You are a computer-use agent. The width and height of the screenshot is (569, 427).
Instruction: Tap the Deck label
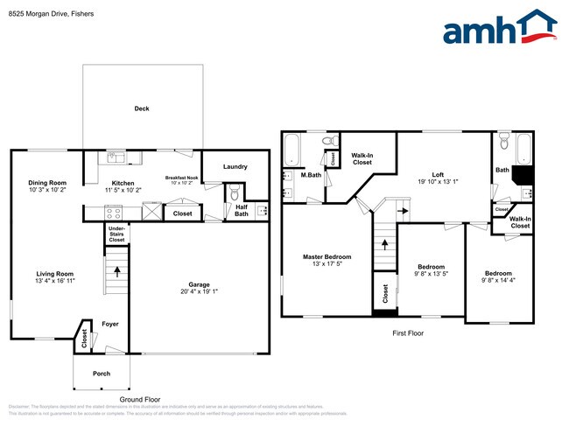142,109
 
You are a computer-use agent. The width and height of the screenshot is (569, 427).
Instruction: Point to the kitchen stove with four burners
114,211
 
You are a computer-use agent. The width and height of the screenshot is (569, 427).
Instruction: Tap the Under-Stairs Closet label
116,234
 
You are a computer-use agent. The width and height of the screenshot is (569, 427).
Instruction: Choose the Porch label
102,374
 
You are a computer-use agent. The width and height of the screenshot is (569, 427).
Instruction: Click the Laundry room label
235,166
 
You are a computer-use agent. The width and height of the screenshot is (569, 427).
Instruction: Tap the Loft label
425,173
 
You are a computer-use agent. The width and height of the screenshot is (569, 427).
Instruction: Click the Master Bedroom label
327,256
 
